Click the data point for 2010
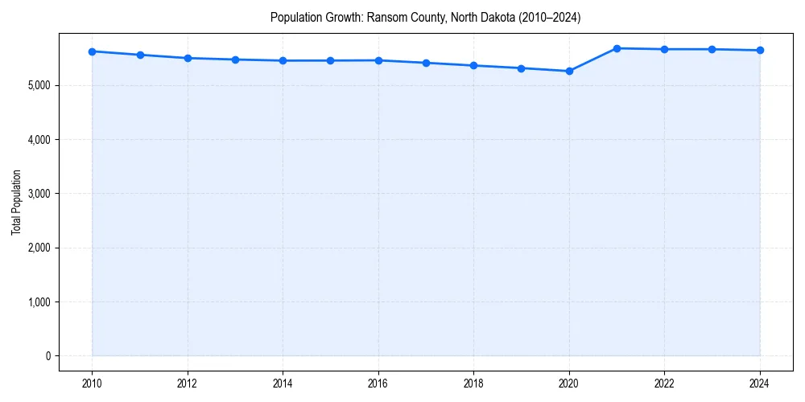[x=92, y=51]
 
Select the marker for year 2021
[x=617, y=48]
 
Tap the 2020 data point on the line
[x=569, y=71]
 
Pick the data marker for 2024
[x=760, y=51]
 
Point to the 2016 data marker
[x=378, y=60]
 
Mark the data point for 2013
[x=235, y=59]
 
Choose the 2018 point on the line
[x=473, y=65]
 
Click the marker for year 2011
[x=140, y=55]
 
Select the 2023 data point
[x=712, y=49]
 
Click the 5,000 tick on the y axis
[x=38, y=85]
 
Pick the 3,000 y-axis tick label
[x=38, y=194]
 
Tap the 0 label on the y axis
[x=47, y=356]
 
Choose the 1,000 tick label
[x=38, y=302]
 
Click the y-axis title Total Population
[x=16, y=202]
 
